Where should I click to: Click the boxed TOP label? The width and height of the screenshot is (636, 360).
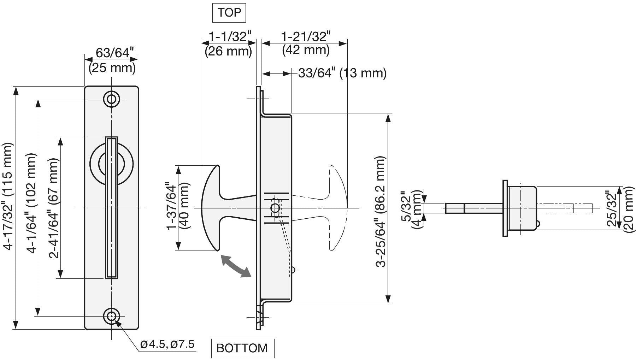[x=229, y=13]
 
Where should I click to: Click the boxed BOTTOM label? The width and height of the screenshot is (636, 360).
[x=242, y=348]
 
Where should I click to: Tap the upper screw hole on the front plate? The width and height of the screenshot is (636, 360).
[x=111, y=99]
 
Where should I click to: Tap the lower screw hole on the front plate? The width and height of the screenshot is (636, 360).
[x=111, y=316]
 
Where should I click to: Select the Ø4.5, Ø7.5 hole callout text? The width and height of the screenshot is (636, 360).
[x=167, y=344]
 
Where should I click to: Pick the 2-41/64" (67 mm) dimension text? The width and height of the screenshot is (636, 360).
[x=53, y=208]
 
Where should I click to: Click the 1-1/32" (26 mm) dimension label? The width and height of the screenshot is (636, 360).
[x=229, y=44]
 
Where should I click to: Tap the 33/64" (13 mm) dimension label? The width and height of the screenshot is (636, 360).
[x=342, y=73]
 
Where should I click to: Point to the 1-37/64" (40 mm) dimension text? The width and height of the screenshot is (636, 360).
[x=178, y=206]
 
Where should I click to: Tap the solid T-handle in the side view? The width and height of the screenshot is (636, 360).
[x=229, y=208]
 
